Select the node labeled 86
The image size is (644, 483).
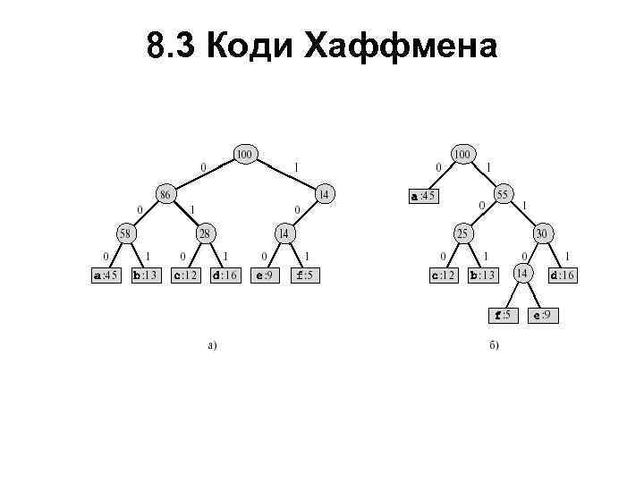pyautogui.click(x=165, y=193)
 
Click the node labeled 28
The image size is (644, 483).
pyautogui.click(x=205, y=233)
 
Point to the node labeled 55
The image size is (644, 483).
pyautogui.click(x=503, y=193)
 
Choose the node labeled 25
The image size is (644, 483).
pyautogui.click(x=463, y=233)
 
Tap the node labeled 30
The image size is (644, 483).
pyautogui.click(x=542, y=233)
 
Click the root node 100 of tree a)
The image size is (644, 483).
pyautogui.click(x=244, y=154)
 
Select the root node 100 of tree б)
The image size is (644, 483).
pyautogui.click(x=462, y=154)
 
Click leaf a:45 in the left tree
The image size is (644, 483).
pyautogui.click(x=106, y=275)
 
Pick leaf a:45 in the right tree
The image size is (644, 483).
pyautogui.click(x=423, y=196)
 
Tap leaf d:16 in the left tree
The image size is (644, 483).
pyautogui.click(x=224, y=275)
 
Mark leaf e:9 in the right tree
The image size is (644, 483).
pyautogui.click(x=542, y=315)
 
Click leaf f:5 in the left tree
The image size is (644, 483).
pyautogui.click(x=303, y=275)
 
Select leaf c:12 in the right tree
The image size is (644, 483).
pyautogui.click(x=445, y=275)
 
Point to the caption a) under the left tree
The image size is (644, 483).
pyautogui.click(x=212, y=344)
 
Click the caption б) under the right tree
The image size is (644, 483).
pyautogui.click(x=494, y=344)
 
